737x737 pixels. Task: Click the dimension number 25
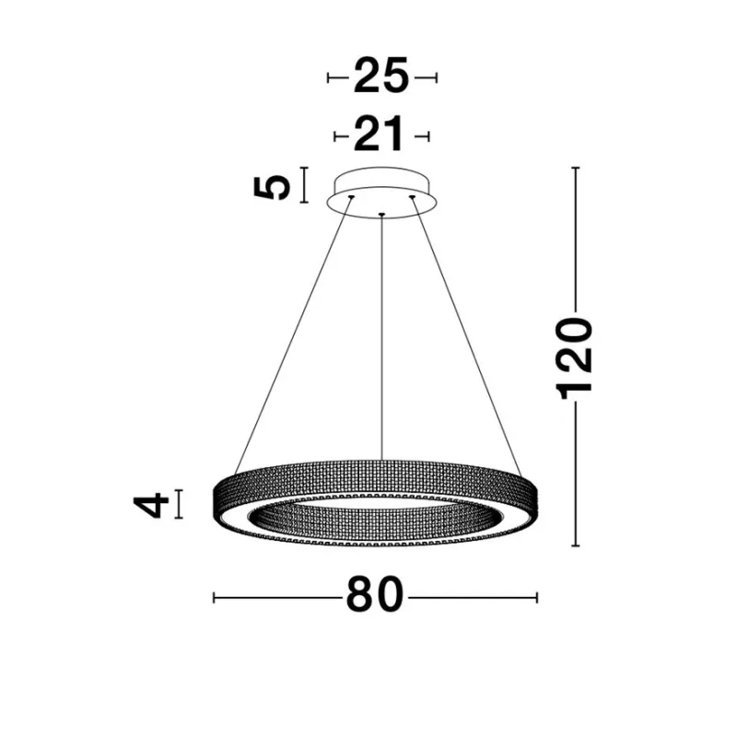coord(380,78)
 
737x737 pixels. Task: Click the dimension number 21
coord(380,136)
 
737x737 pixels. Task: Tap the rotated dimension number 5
coord(274,186)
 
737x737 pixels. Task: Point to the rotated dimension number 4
coord(151,504)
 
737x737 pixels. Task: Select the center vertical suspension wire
coord(381,341)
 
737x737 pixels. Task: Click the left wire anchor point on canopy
coord(350,196)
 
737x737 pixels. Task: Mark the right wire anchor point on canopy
coord(413,196)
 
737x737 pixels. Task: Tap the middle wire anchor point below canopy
coord(381,216)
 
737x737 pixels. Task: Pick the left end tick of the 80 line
coord(214,598)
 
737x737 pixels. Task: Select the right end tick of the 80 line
coord(537,598)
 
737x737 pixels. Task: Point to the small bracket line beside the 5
coord(305,185)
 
